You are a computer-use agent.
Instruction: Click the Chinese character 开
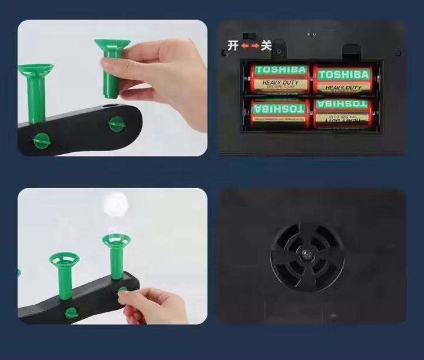point(233,46)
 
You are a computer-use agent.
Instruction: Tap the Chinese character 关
point(266,45)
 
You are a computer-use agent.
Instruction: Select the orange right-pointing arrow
point(255,46)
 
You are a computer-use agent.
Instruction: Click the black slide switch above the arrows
point(251,36)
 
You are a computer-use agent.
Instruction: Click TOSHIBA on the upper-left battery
point(281,70)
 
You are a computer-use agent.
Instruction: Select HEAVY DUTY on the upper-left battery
point(280,83)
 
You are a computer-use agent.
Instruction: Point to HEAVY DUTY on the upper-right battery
point(344,88)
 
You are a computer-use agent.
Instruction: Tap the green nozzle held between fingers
point(112,65)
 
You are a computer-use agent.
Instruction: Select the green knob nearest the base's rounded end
point(117,124)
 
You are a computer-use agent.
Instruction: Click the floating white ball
point(115,204)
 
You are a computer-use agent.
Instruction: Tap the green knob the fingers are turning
point(122,292)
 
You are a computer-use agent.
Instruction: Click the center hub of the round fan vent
point(307,254)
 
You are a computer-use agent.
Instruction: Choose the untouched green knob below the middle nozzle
point(71,312)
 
